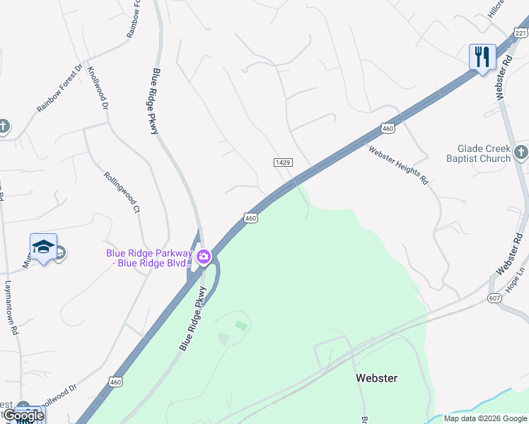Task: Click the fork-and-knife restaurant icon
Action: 482,56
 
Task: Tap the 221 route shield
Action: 521,33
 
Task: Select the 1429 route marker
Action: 283,163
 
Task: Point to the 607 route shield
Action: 495,299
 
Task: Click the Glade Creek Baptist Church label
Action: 484,153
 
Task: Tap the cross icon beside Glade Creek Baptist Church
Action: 521,152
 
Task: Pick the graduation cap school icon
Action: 43,247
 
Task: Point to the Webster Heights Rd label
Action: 398,165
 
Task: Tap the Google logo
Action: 23,416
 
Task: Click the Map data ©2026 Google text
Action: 484,418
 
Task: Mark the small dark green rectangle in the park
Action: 241,326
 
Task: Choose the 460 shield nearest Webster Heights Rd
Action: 386,128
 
